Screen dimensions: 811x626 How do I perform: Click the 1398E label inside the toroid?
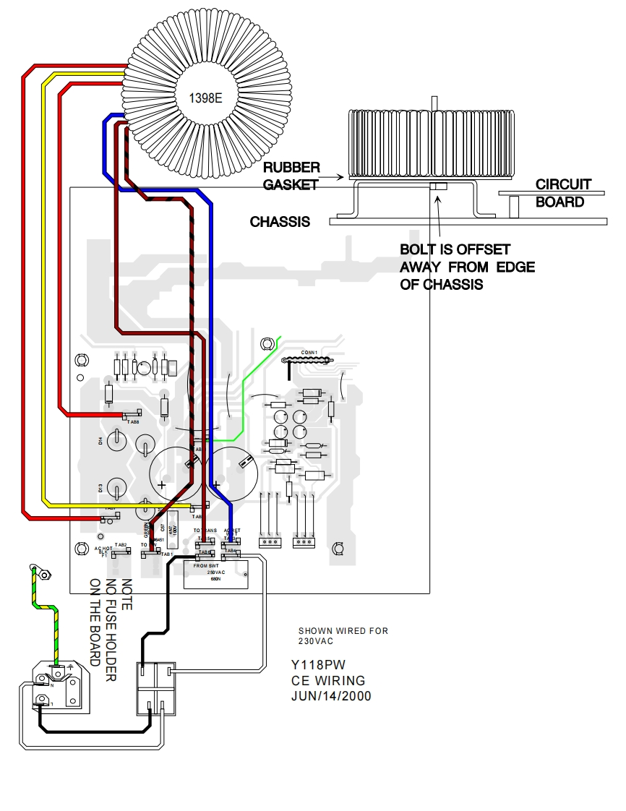205,98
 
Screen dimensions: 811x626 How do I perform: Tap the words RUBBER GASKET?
291,176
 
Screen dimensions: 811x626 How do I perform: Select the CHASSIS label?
280,222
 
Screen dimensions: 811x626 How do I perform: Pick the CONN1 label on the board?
309,353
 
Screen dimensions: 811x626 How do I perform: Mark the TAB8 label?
134,421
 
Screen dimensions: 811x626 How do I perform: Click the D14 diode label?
100,440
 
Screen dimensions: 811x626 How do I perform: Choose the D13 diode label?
100,489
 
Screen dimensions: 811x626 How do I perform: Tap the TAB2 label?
121,544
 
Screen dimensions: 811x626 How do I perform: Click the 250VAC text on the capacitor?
216,572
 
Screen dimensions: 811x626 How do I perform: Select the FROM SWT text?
207,565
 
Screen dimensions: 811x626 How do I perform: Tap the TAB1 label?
167,554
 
